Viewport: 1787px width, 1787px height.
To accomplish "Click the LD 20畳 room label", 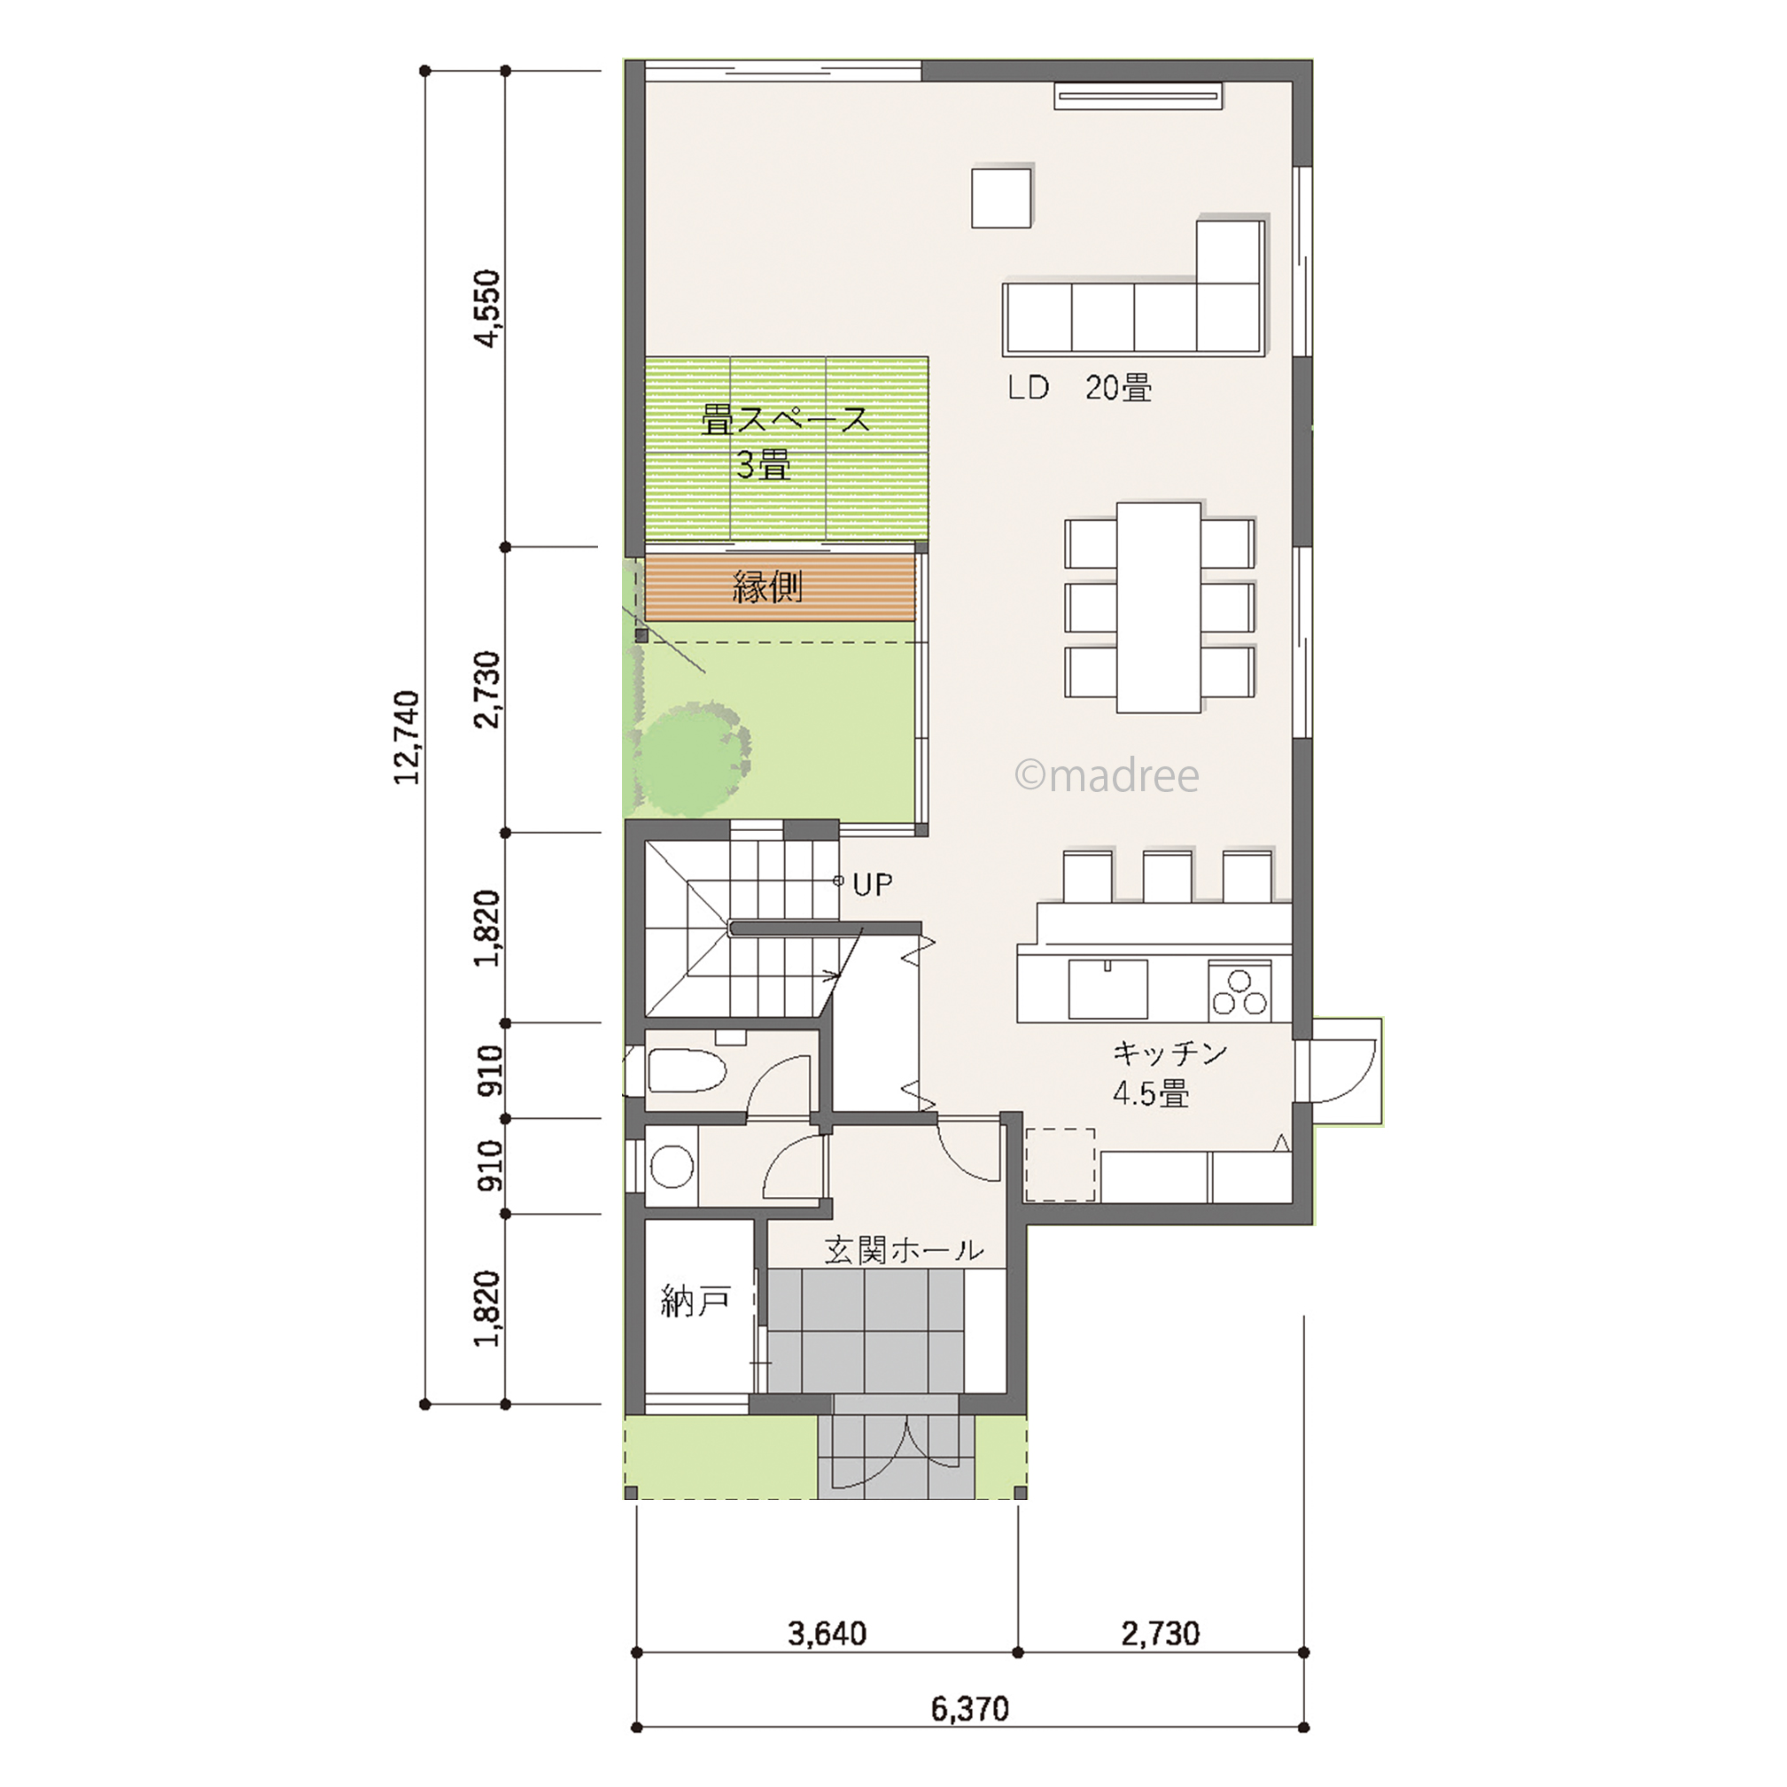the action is click(1079, 388).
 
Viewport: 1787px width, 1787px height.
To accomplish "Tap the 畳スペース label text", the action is click(786, 421).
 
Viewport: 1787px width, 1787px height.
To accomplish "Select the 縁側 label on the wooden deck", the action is click(768, 587).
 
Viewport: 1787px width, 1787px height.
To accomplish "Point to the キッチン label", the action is click(1170, 1053).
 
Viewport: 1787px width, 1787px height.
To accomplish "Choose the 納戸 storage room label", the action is click(695, 1303).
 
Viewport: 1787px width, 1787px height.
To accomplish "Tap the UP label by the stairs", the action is click(872, 885).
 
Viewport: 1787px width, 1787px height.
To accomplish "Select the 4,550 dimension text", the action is click(486, 308).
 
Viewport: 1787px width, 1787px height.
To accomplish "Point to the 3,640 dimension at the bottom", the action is click(827, 1635).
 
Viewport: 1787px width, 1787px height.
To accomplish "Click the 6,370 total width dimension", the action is click(970, 1709).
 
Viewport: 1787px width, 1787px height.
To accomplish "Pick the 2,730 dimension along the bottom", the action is click(1161, 1635).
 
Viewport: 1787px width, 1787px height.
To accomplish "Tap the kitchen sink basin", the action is click(1108, 989).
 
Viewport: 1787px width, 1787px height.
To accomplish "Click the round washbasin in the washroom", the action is click(672, 1168).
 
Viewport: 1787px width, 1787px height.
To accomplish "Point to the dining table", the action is click(1160, 608).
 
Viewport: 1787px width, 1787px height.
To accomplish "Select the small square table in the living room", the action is click(1002, 196).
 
